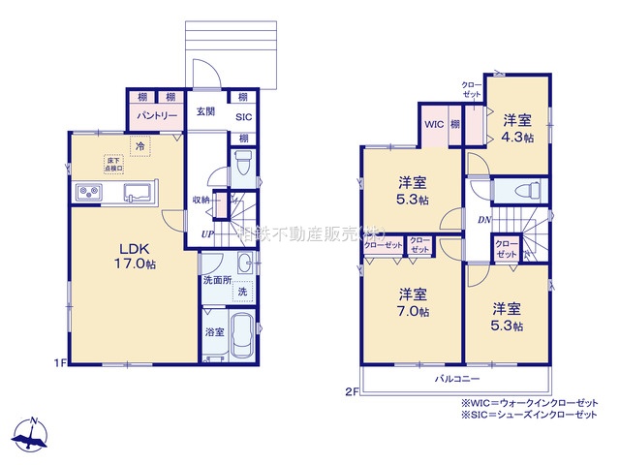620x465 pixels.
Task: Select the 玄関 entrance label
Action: point(205,110)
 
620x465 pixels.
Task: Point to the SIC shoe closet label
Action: point(244,117)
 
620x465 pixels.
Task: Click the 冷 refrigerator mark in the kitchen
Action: point(141,146)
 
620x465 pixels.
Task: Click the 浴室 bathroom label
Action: point(215,332)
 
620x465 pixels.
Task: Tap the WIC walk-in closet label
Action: point(432,124)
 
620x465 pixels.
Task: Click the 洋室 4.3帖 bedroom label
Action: point(517,128)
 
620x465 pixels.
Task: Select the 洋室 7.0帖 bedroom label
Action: point(413,302)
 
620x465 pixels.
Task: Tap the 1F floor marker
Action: point(59,363)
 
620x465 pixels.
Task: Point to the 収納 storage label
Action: point(201,200)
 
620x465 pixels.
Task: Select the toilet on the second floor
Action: point(521,190)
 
